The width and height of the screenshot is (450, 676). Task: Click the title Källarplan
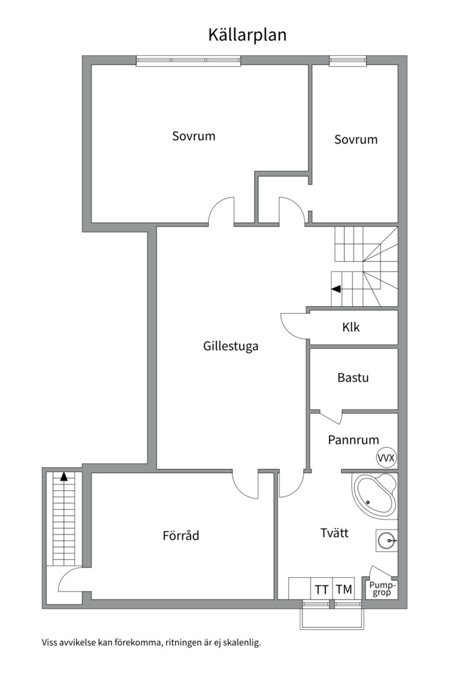click(x=247, y=35)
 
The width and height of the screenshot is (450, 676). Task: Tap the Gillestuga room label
click(x=231, y=346)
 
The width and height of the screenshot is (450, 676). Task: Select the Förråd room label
click(x=181, y=536)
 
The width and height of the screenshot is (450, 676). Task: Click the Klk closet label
click(x=351, y=327)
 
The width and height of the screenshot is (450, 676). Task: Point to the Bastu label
click(x=352, y=378)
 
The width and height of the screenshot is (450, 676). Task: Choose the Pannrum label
click(x=353, y=440)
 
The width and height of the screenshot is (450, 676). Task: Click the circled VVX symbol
click(x=386, y=458)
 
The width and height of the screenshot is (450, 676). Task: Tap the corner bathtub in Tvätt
click(x=375, y=496)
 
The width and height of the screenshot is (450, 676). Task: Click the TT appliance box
click(x=322, y=589)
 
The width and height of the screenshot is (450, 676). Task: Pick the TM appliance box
click(x=344, y=589)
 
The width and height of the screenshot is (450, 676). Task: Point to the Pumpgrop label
click(x=382, y=588)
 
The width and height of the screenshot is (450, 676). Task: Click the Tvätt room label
click(x=334, y=533)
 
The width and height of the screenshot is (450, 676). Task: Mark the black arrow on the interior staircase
click(x=336, y=289)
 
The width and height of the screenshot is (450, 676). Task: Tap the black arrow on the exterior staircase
click(x=64, y=476)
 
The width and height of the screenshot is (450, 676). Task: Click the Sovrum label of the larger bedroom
click(x=194, y=136)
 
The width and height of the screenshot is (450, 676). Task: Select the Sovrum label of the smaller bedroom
click(x=356, y=140)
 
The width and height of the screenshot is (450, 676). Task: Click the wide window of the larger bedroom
click(x=188, y=61)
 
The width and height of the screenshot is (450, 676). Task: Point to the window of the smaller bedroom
click(x=348, y=61)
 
